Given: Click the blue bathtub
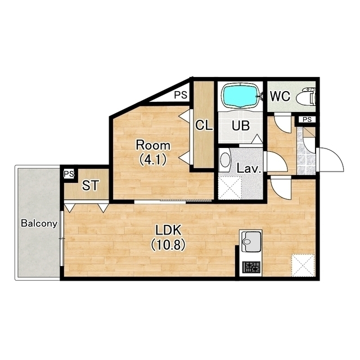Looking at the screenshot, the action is click(x=240, y=96).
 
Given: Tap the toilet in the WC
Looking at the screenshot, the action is click(x=306, y=97).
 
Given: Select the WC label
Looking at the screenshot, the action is click(x=280, y=96).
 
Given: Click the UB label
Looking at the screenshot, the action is click(x=241, y=125).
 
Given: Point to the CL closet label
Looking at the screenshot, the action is click(x=204, y=125).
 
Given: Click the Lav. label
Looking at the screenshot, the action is click(x=249, y=169).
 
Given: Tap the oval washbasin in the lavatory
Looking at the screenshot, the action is click(x=225, y=160).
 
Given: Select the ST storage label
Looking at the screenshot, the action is click(x=91, y=186).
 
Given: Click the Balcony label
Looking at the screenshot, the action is click(x=39, y=223).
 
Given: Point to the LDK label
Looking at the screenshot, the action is click(x=169, y=230).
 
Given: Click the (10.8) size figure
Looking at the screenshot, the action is click(x=168, y=245).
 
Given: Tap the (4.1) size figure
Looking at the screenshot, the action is click(x=153, y=160).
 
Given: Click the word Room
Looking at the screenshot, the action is click(x=154, y=145).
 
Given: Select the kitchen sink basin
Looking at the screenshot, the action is click(x=251, y=242).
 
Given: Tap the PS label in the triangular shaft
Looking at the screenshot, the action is click(x=181, y=95).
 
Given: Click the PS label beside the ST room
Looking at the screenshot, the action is click(x=69, y=174).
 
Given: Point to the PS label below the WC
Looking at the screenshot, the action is click(x=307, y=120).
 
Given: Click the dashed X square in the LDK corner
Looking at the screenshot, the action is click(x=303, y=265).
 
